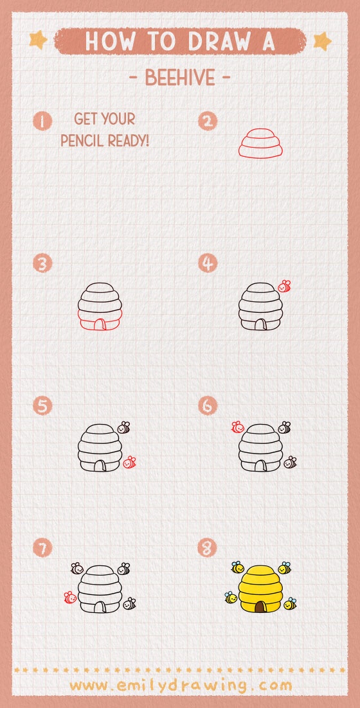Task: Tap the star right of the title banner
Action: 321,41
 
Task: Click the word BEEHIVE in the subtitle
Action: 180,78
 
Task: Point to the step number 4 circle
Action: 208,263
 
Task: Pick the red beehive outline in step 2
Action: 261,143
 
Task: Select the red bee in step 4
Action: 284,286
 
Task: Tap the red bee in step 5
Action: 129,462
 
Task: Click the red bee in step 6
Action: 237,426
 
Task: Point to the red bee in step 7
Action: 70,597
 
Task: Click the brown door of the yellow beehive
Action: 260,607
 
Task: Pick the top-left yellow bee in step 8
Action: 237,567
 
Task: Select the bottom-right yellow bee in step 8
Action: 290,604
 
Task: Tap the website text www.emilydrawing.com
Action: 180,685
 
